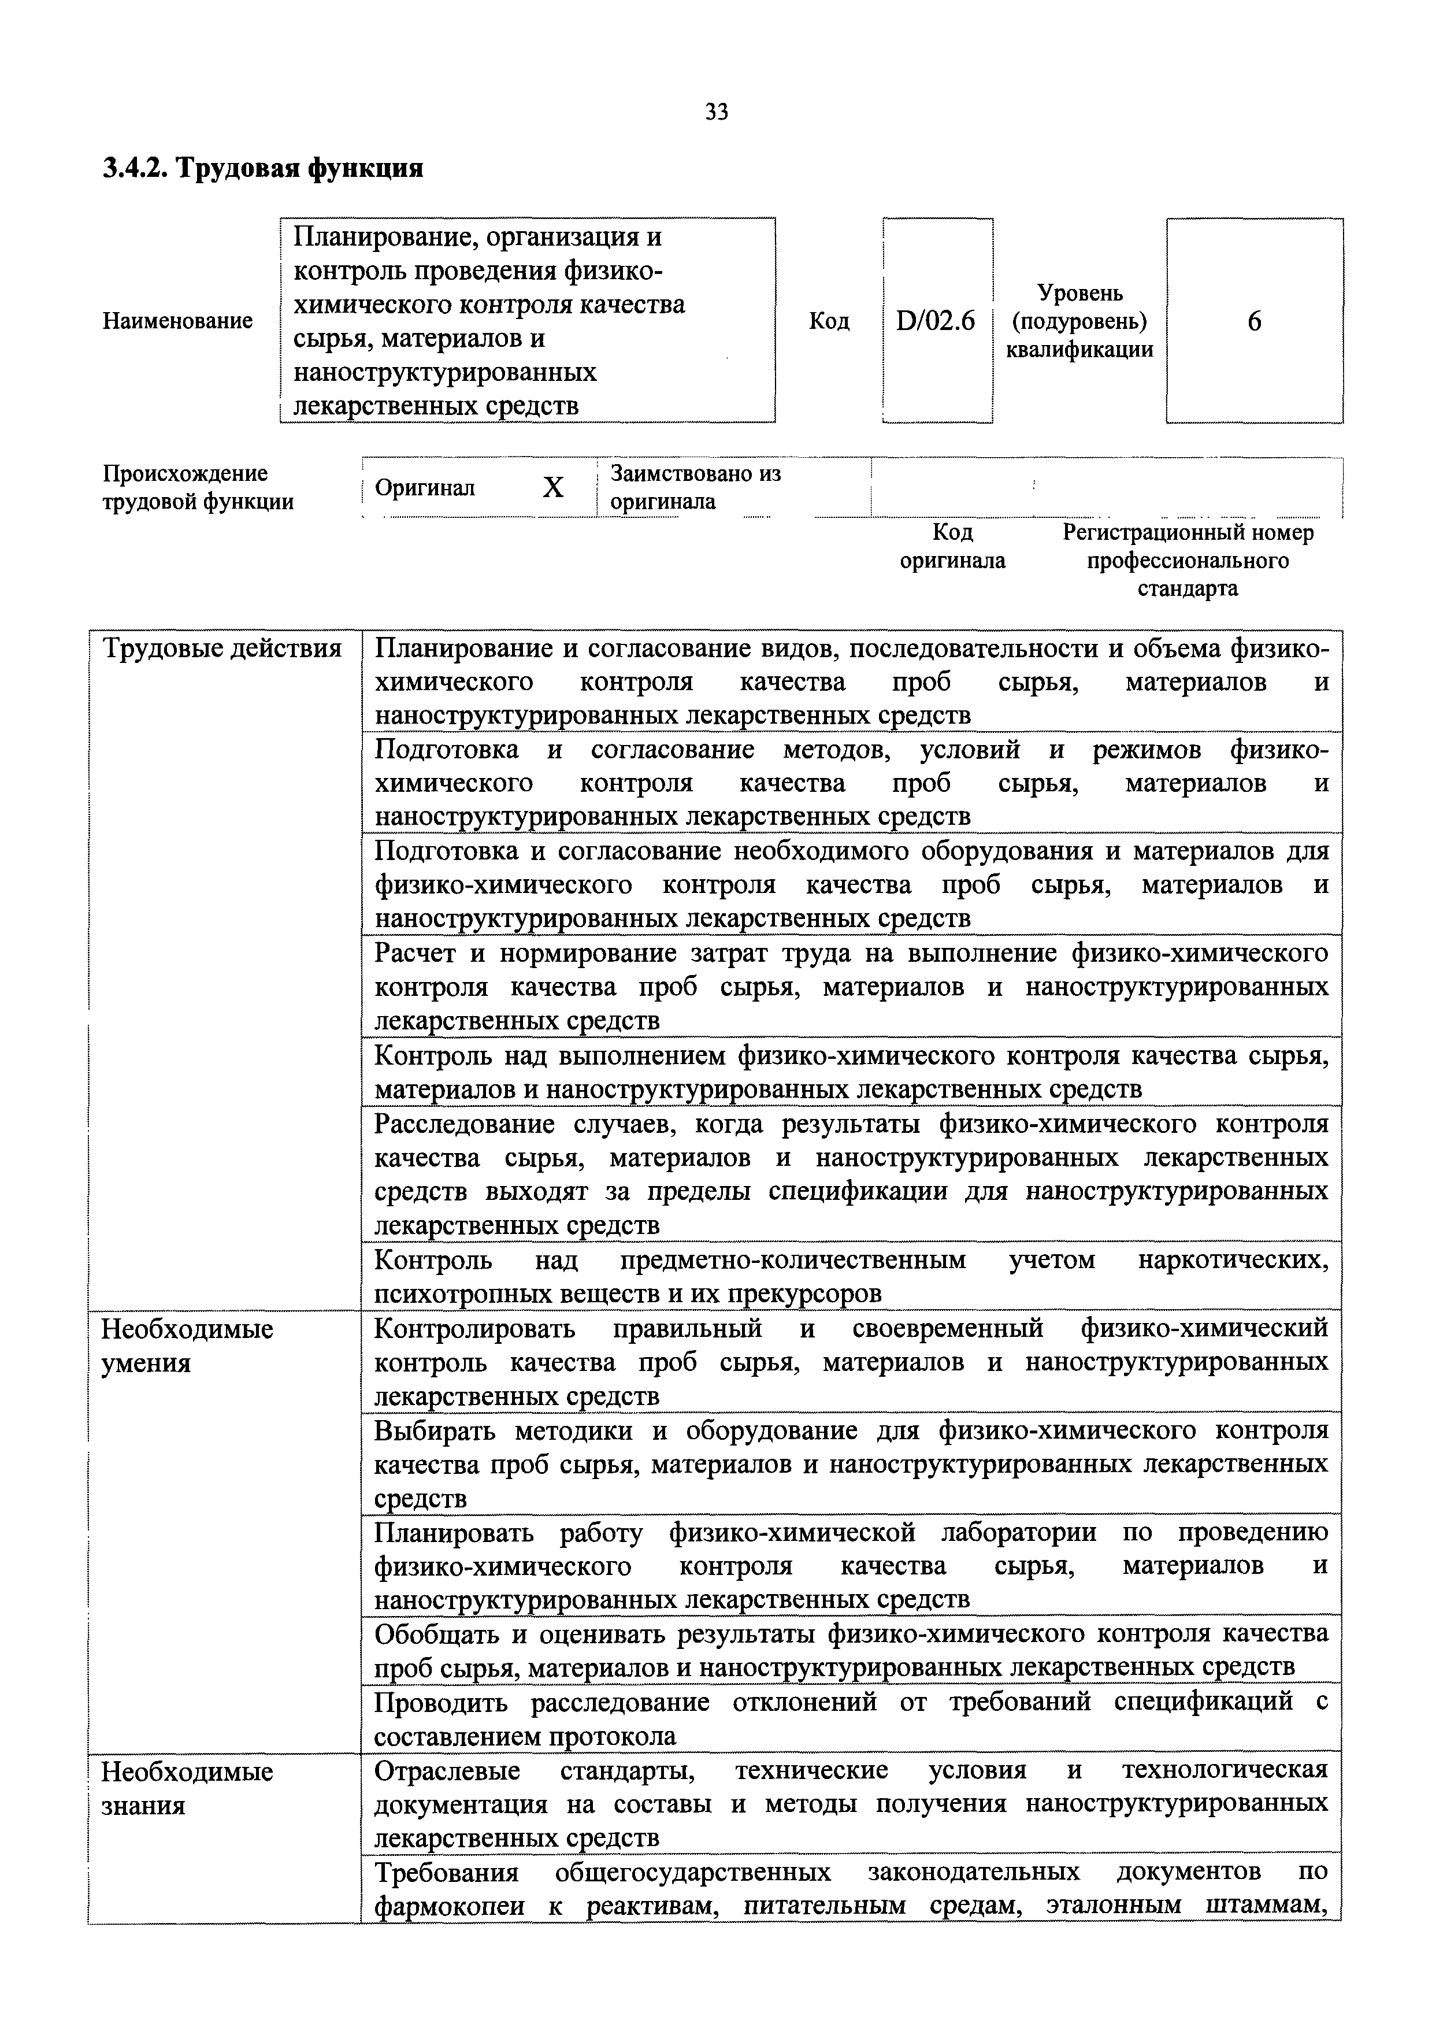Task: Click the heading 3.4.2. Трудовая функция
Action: (x=263, y=168)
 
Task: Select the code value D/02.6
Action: (x=935, y=321)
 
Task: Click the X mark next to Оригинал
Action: (x=552, y=487)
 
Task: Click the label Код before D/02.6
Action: (x=829, y=321)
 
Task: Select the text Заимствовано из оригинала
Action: (x=696, y=487)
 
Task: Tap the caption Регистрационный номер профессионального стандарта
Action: (x=1188, y=561)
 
